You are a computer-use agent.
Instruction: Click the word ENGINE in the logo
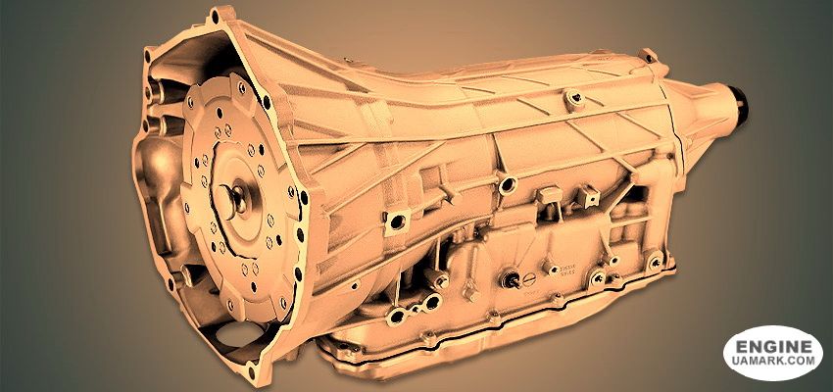[773, 347]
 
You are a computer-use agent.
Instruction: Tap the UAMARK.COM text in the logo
[773, 361]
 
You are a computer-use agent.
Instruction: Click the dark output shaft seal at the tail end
[741, 104]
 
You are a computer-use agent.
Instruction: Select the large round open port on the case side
[507, 184]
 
